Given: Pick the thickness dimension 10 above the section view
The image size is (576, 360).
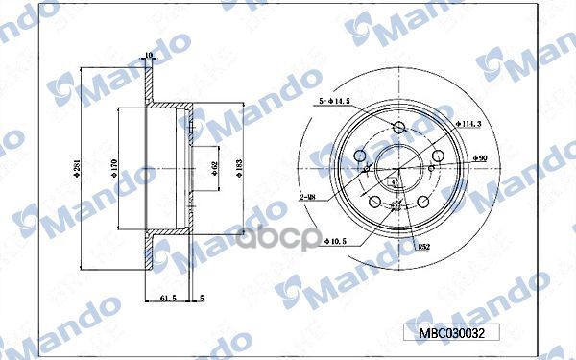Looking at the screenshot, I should click(149, 56).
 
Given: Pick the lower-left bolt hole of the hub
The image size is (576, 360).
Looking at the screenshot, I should click(373, 201).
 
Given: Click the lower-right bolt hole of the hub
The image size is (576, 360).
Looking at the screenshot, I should click(422, 202).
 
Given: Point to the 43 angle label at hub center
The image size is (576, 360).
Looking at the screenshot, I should click(397, 181).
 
